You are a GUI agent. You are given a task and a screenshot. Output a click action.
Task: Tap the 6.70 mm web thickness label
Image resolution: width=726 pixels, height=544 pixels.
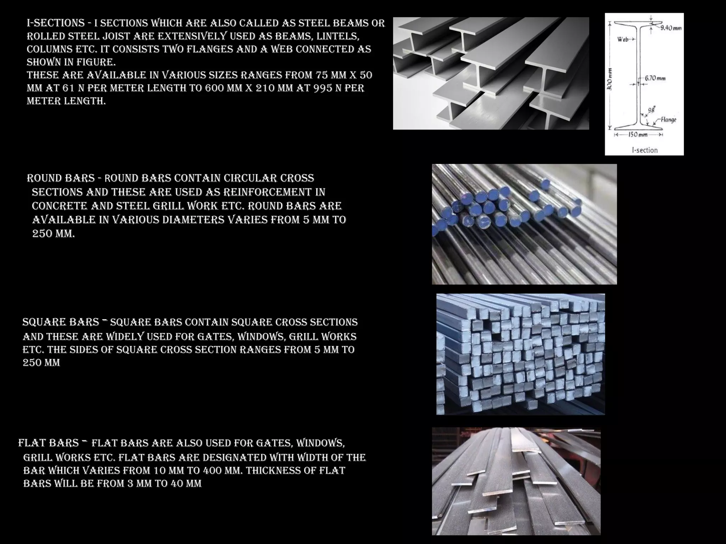coord(655,78)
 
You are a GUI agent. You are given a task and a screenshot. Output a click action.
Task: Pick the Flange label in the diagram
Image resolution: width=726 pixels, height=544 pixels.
coord(668,120)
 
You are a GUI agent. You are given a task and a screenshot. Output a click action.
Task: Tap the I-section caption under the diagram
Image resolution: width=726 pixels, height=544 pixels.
coord(644,150)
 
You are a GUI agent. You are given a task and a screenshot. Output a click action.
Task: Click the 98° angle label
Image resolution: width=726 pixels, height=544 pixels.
coord(652,110)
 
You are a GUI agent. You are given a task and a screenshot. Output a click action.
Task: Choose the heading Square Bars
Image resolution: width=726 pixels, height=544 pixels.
coord(61,322)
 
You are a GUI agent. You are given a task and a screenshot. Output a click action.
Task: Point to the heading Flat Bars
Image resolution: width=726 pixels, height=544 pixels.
coord(49,443)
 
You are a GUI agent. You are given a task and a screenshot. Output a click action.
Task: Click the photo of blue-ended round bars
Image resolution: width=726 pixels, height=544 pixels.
coord(524,224)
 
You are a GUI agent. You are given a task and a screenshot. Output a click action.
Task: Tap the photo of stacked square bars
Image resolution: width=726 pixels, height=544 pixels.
coord(520,354)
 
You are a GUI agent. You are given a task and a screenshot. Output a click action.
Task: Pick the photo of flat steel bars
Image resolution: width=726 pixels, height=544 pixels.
coord(516,481)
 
